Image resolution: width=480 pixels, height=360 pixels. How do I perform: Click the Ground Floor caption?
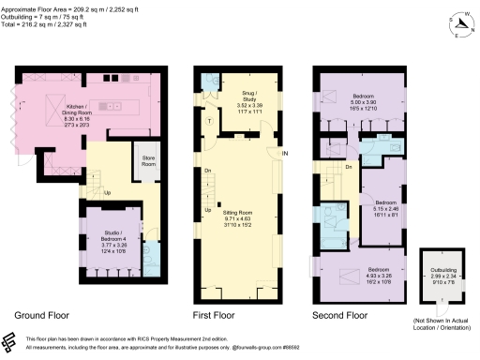42,315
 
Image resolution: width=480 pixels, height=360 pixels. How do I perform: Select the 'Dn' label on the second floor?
348,167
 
